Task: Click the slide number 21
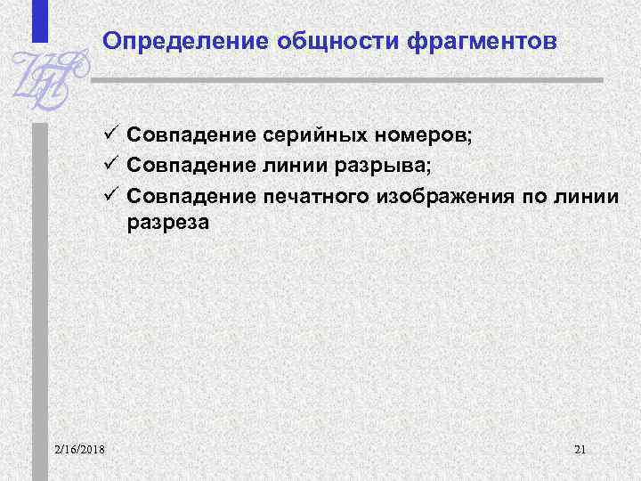(x=580, y=447)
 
